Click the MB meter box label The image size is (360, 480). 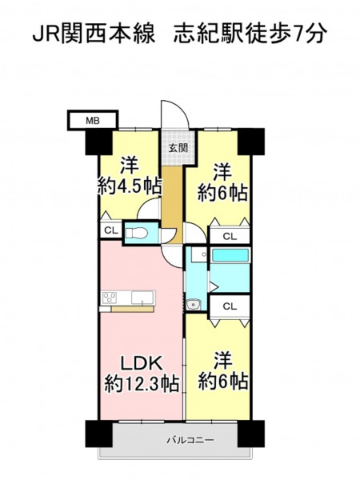(93, 121)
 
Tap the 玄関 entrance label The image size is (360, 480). (178, 148)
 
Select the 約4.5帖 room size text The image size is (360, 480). (129, 186)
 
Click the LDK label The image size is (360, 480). (141, 363)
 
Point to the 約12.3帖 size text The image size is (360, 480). (142, 383)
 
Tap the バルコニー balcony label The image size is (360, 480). (190, 441)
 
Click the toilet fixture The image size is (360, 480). (137, 234)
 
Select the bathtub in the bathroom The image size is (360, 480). (230, 256)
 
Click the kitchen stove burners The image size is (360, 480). (110, 298)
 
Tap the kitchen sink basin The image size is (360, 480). (142, 298)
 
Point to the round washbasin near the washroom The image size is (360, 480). (193, 305)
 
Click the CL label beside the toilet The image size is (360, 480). (111, 230)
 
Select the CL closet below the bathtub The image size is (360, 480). (230, 306)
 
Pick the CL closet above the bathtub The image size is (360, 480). (230, 236)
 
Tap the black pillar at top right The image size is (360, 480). (251, 142)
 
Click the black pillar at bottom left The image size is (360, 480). (98, 434)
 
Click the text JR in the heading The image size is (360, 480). (46, 34)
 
